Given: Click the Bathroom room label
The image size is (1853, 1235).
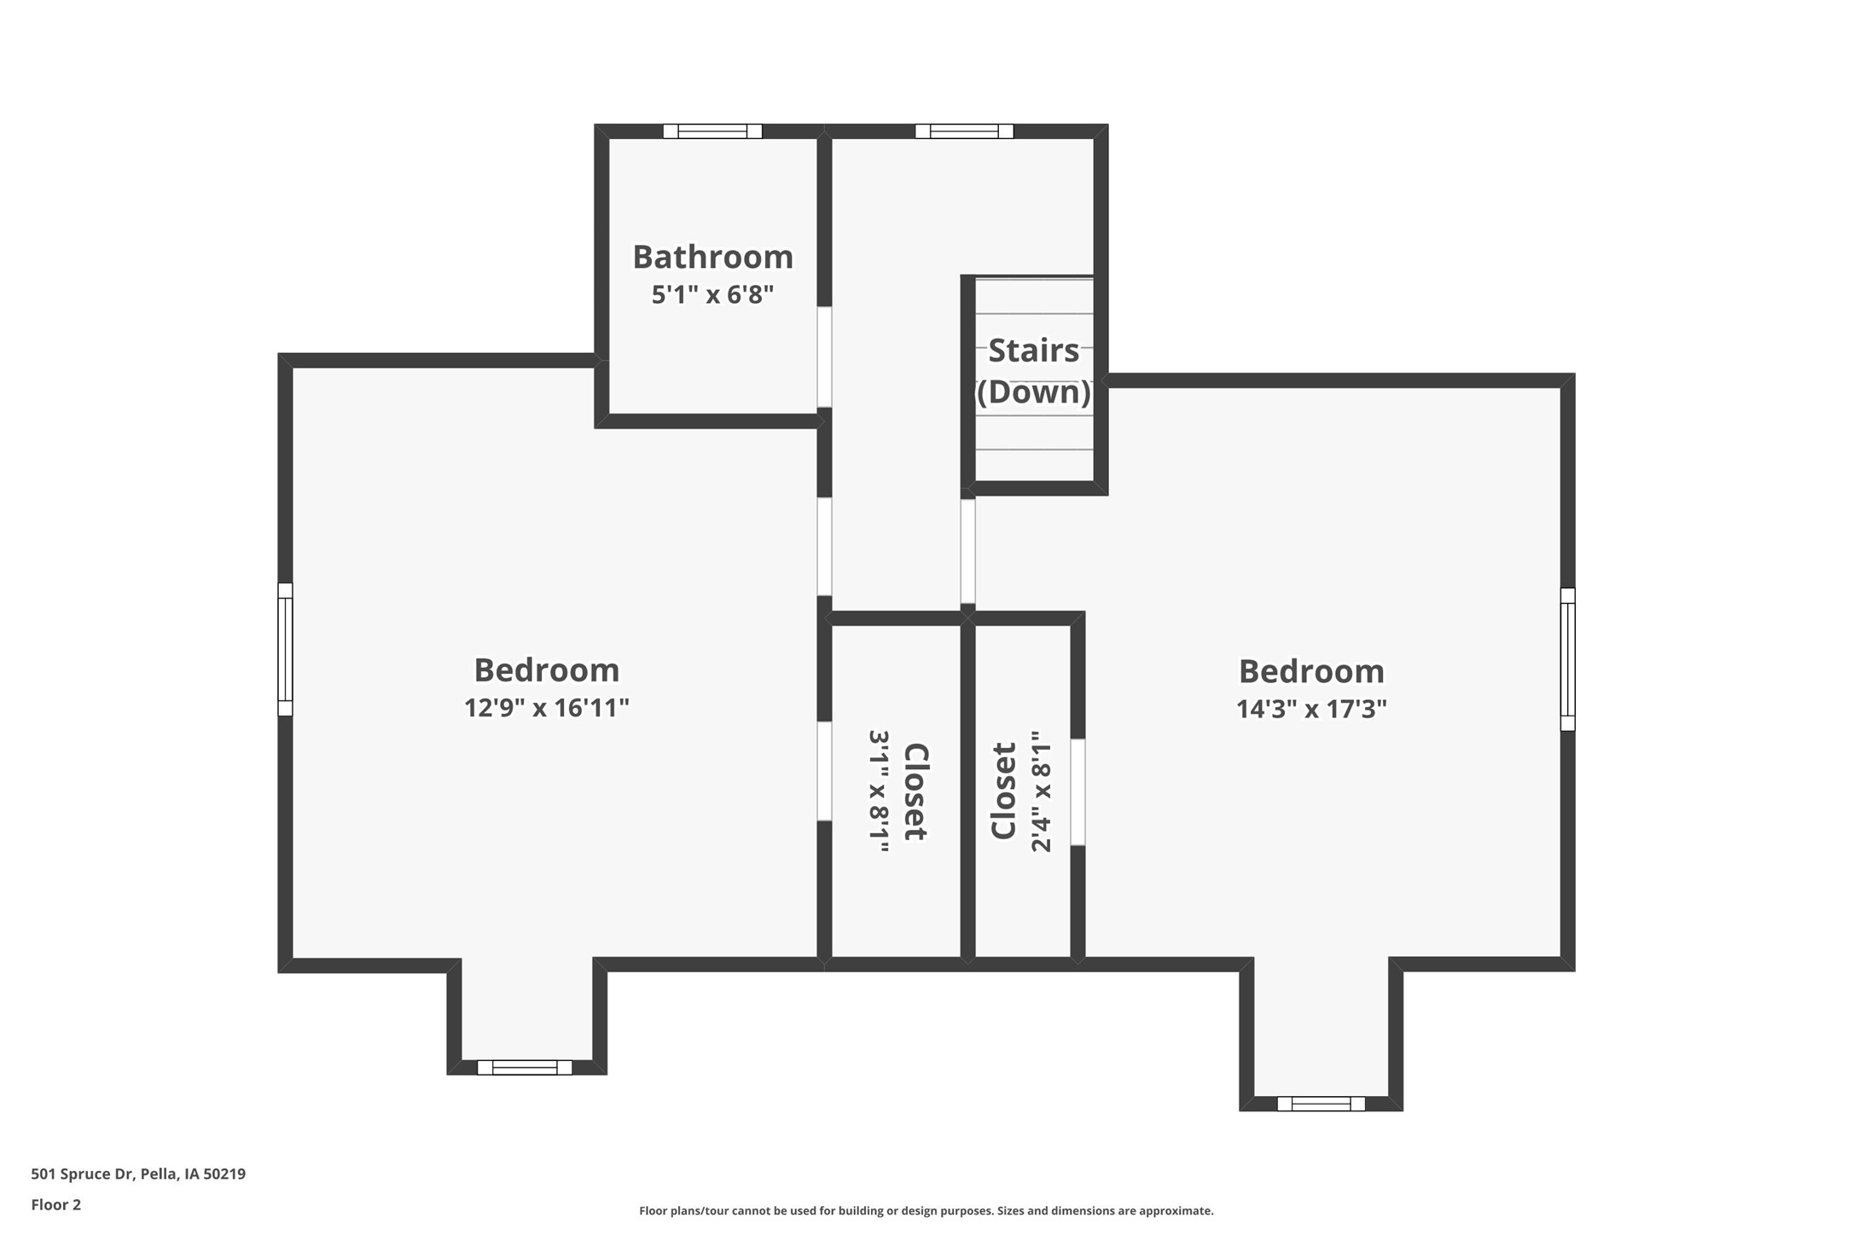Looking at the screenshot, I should tap(712, 257).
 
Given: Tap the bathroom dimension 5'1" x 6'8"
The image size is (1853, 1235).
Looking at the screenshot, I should tap(712, 295).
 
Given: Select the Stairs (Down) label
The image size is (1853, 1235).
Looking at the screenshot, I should tap(1033, 371).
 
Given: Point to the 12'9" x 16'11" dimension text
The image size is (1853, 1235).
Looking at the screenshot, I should tap(546, 708).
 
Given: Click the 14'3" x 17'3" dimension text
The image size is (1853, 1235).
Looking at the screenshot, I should tap(1311, 710).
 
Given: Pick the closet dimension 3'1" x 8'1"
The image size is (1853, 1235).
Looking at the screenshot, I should tap(879, 791).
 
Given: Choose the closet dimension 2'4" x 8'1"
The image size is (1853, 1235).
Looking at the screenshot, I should tap(1041, 791).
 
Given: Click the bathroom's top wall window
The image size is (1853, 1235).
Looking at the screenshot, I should tap(712, 131).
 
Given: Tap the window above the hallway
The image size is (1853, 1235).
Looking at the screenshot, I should tap(964, 131).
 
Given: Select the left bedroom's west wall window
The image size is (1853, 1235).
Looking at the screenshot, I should tap(285, 649).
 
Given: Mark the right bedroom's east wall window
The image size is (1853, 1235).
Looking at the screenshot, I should tap(1567, 659).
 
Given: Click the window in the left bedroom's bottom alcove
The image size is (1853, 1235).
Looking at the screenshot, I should tap(525, 1067).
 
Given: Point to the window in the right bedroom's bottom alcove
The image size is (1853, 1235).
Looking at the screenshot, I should tap(1321, 1104).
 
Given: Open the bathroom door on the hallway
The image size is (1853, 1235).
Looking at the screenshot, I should tap(824, 357).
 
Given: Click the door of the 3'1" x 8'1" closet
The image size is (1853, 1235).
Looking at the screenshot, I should tap(824, 771).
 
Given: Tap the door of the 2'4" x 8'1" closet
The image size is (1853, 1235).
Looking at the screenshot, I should tap(1078, 791).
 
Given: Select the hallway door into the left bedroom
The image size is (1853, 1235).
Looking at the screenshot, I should tap(824, 546).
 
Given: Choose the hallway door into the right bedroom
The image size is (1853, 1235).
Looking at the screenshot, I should tap(967, 551).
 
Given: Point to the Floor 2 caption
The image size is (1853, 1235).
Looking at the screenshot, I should tap(56, 1204).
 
